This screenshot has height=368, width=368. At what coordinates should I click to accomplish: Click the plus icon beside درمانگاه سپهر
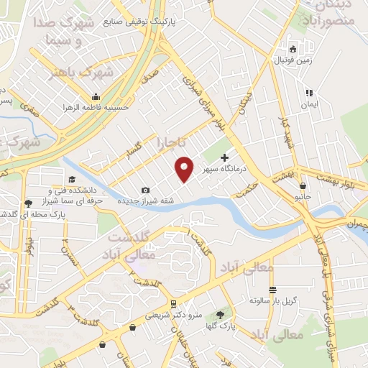point(224,157)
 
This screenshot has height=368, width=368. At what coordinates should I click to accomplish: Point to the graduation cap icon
point(71,180)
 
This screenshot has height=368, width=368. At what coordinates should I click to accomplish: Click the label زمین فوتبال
point(293,60)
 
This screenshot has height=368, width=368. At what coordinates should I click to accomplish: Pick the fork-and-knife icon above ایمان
point(309,93)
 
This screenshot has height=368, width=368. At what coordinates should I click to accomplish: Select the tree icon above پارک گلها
point(220,315)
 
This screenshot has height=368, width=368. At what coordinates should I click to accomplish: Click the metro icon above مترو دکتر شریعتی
point(173,303)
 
